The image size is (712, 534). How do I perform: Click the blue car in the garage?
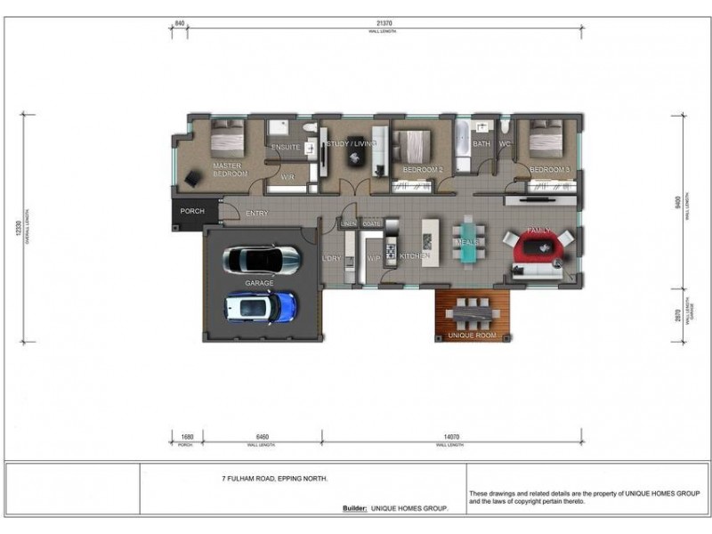[x=261, y=307]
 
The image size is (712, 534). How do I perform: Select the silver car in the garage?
[x=263, y=260]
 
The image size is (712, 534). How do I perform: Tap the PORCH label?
[x=192, y=212]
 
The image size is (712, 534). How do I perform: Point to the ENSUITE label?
[x=286, y=147]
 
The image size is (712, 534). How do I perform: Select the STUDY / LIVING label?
[x=352, y=143]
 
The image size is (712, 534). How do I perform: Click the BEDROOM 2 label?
[x=423, y=169]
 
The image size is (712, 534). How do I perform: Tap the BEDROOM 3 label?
[x=548, y=169]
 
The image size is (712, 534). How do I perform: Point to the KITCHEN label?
[x=415, y=256]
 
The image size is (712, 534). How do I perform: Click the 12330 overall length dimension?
[x=15, y=228]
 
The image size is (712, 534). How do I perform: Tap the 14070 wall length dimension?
[x=452, y=437]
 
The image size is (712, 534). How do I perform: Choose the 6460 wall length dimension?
[x=258, y=437]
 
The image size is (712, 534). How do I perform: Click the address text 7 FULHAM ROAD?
[x=275, y=479]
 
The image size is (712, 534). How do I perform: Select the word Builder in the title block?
[x=354, y=508]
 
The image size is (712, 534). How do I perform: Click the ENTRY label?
[x=256, y=214]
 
